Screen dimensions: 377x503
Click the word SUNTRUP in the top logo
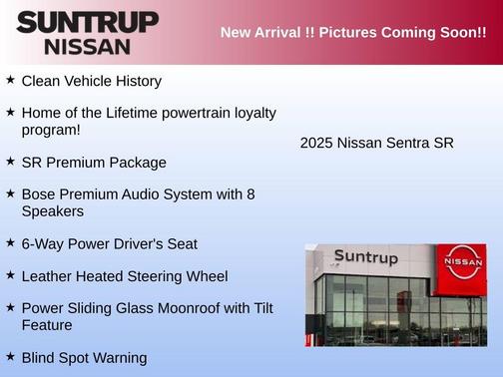pyautogui.click(x=87, y=22)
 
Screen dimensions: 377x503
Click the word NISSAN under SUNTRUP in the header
pyautogui.click(x=87, y=46)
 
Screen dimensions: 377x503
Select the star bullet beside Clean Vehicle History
pyautogui.click(x=10, y=80)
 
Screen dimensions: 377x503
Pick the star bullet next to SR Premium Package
pyautogui.click(x=10, y=162)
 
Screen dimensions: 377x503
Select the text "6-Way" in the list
pyautogui.click(x=43, y=243)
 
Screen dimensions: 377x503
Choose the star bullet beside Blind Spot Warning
pyautogui.click(x=10, y=357)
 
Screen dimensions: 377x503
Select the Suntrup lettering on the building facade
pyautogui.click(x=365, y=257)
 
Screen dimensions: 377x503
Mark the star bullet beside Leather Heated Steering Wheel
pyautogui.click(x=10, y=275)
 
